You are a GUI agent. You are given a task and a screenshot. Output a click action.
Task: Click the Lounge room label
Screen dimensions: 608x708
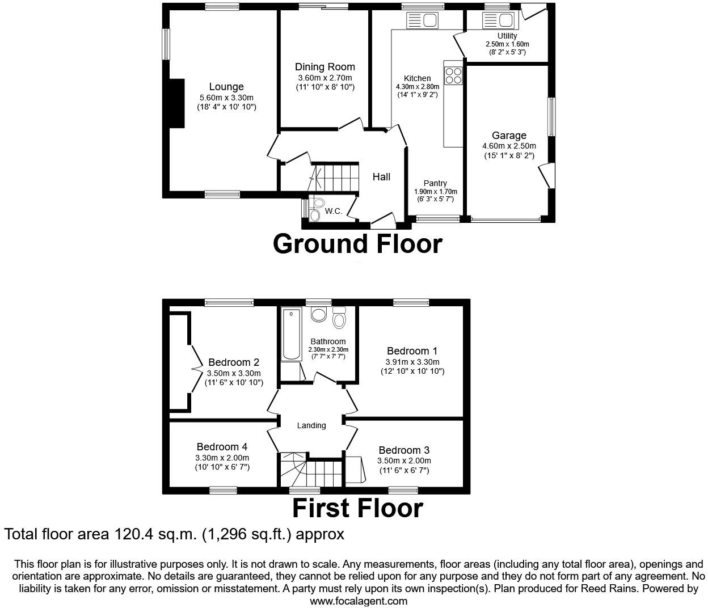[x=226, y=87]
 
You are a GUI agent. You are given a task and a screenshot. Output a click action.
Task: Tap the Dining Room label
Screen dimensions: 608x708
[x=324, y=67]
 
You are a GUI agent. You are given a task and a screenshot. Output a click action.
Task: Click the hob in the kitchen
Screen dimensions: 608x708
[x=454, y=75]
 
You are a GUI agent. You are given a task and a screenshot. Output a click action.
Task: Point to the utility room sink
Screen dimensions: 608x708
[x=499, y=21]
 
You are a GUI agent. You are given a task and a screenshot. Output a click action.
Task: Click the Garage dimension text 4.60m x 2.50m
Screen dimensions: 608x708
[x=509, y=146]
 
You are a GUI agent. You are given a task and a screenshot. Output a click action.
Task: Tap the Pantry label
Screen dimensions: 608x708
[x=435, y=183]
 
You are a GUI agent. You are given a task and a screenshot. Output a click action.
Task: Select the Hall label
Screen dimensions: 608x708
[x=381, y=177]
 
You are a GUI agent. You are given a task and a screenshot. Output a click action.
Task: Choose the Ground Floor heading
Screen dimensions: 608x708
[x=357, y=244]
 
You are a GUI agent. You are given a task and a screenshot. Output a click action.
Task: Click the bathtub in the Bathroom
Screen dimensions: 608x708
[x=291, y=335]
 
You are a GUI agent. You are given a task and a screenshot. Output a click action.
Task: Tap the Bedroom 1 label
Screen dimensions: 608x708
[x=412, y=351]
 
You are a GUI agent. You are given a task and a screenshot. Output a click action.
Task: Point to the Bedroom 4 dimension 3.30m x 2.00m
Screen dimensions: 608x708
[x=222, y=458]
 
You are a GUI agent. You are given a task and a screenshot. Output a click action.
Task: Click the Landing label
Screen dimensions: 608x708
[x=311, y=425]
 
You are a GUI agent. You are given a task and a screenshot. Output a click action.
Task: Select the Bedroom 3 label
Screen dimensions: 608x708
[x=404, y=451]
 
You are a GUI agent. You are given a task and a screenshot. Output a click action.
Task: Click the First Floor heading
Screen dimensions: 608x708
[x=357, y=508]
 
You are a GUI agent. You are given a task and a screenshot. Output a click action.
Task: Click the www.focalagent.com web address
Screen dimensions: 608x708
[x=359, y=601]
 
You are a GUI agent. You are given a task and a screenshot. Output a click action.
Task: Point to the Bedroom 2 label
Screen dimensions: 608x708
[x=234, y=362]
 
